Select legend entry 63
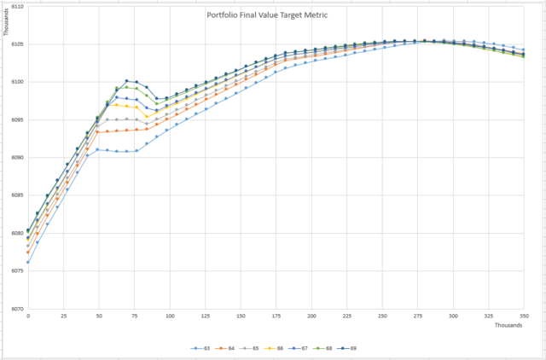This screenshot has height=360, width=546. tap(200, 349)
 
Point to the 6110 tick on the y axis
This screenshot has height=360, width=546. tap(17, 6)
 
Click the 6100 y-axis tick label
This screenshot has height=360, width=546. tap(17, 82)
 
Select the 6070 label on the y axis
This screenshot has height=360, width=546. tap(17, 309)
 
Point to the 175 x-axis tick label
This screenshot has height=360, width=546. tap(276, 316)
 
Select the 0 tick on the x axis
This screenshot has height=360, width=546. tap(28, 316)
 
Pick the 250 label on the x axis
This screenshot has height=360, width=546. tap(382, 316)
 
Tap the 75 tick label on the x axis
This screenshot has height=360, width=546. tap(135, 316)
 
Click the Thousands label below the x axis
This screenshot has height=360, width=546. tap(510, 326)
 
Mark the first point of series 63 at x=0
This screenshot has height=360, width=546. tap(28, 262)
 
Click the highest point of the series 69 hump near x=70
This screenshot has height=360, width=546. tap(126, 81)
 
